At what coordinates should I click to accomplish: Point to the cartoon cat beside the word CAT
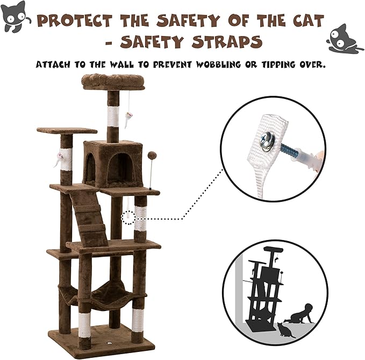pyautogui.click(x=345, y=39)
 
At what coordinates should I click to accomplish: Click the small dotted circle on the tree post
pyautogui.click(x=128, y=218)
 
